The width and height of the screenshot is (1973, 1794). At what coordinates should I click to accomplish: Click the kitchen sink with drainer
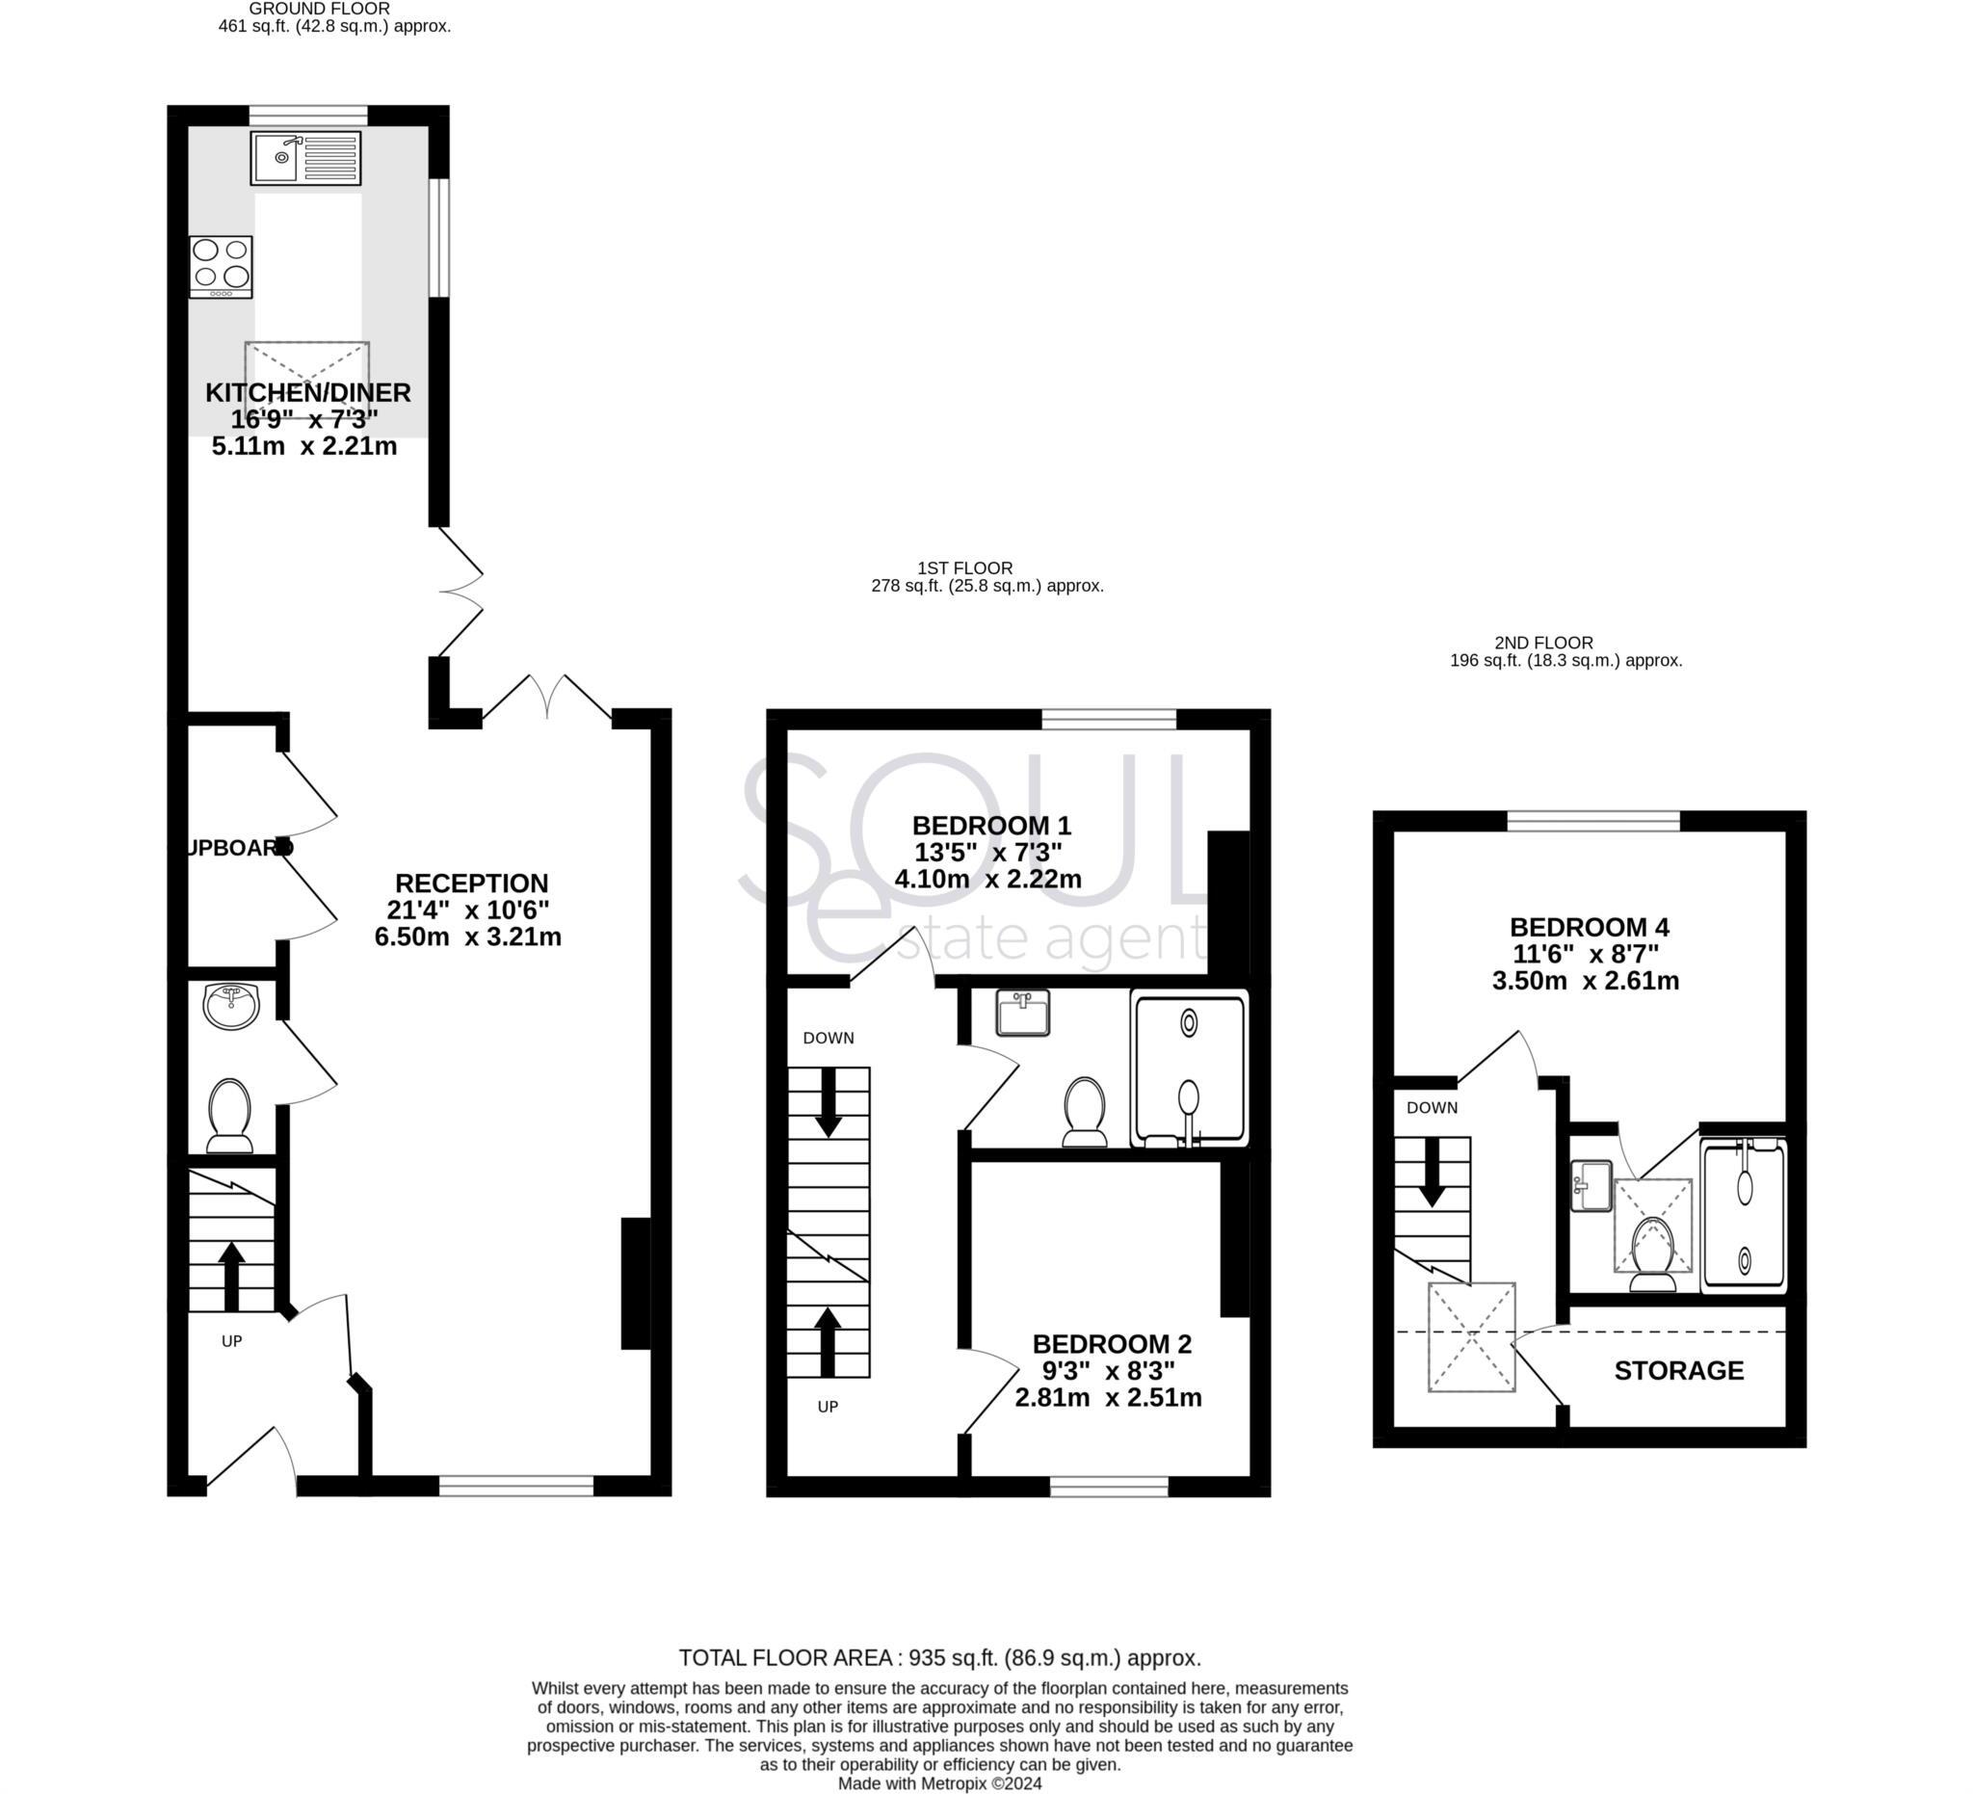point(306,158)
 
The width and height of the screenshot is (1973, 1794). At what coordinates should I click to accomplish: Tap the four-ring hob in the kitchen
point(222,266)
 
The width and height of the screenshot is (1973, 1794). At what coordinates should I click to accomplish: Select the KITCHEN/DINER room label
point(307,392)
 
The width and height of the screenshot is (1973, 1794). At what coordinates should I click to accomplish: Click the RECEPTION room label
point(471,883)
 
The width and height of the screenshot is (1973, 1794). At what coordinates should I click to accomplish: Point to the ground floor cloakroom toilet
point(230,1116)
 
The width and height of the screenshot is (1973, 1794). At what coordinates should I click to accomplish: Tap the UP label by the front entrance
point(231,1341)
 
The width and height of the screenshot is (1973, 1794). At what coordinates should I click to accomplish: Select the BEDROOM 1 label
point(990,825)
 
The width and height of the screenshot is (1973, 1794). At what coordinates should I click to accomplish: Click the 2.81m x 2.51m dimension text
point(1107,1398)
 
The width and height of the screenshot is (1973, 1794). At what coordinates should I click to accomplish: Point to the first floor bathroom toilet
point(1085,1111)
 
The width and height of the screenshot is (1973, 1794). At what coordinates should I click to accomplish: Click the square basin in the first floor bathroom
point(1022,1012)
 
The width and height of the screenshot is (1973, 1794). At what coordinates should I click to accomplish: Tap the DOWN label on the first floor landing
point(828,1038)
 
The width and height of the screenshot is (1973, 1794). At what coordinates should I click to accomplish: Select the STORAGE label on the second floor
point(1678,1370)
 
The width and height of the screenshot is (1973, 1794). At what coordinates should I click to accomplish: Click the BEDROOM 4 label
point(1589,927)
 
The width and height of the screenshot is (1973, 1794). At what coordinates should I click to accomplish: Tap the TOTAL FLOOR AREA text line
point(939,1658)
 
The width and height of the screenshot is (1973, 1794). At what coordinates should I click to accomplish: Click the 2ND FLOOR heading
point(1543,643)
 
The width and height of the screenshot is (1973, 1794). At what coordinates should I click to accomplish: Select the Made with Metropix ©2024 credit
point(939,1783)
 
